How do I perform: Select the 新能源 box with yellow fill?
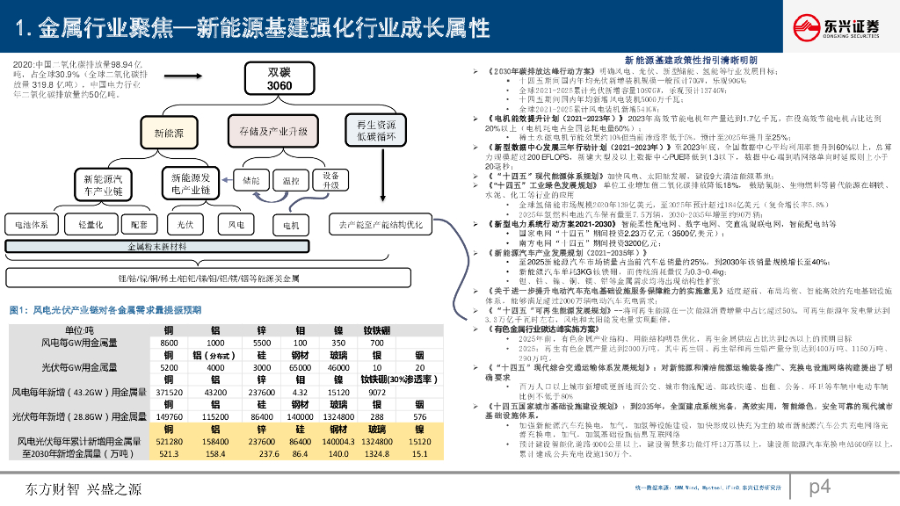(x=170, y=134)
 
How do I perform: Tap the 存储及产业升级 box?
(x=272, y=130)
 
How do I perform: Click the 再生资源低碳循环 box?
(x=375, y=128)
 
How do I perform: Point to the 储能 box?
(x=250, y=179)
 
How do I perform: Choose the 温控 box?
(x=291, y=179)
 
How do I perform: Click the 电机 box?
(x=290, y=225)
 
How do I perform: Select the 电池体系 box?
(x=33, y=224)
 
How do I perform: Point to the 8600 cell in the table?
(x=169, y=342)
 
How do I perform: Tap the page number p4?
(x=821, y=486)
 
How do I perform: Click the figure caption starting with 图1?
(x=105, y=310)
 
